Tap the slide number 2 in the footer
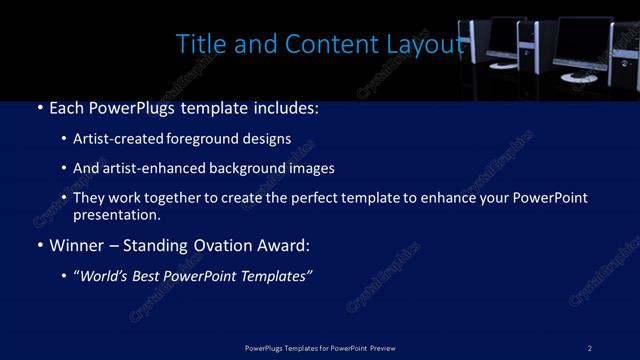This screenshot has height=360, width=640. (x=590, y=347)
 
